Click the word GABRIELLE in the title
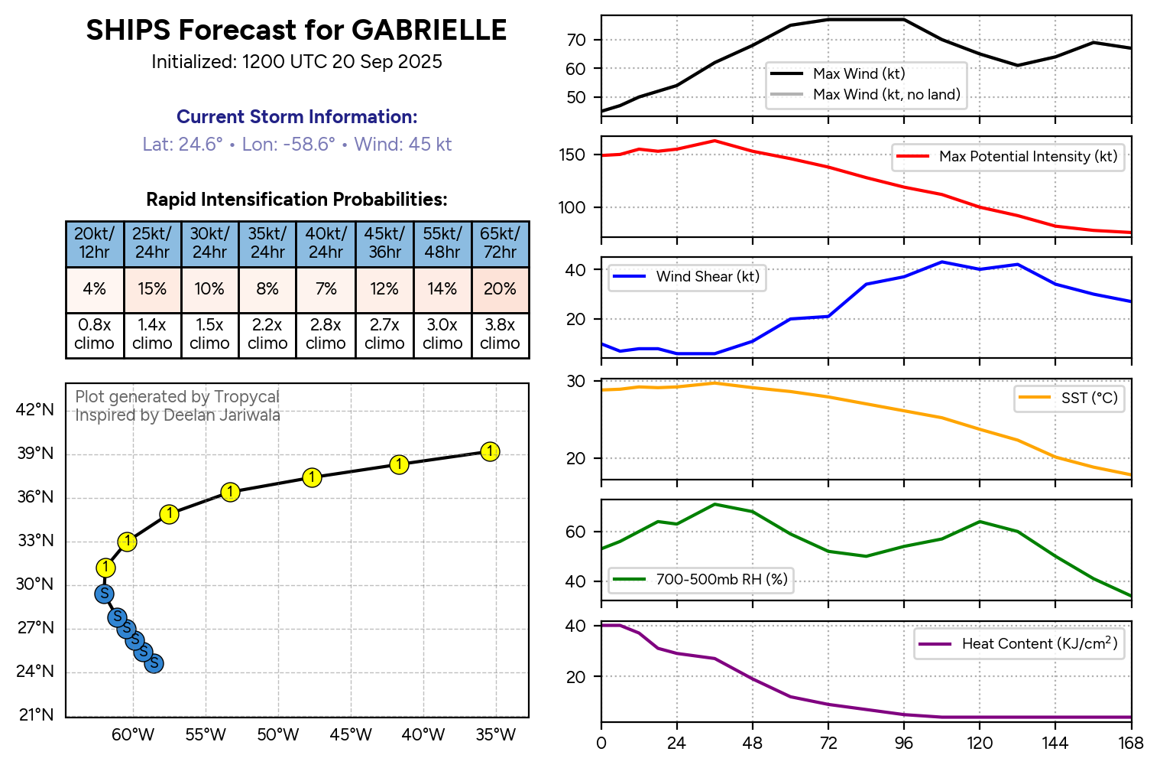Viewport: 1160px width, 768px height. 429,31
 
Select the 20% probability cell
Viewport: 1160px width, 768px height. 500,289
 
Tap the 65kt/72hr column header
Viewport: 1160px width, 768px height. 500,243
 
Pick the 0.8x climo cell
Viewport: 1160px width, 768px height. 94,334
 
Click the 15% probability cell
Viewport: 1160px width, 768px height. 152,289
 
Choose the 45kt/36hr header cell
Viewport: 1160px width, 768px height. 384,243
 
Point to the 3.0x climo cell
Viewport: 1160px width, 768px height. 442,334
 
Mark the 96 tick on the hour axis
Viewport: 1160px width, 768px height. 904,743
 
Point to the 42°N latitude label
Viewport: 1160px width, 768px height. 36,410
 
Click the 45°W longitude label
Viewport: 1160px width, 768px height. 351,736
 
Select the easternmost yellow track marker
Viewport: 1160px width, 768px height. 490,451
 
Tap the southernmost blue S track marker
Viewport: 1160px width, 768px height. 154,662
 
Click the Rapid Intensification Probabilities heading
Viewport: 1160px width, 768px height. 296,200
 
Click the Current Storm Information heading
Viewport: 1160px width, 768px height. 296,117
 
